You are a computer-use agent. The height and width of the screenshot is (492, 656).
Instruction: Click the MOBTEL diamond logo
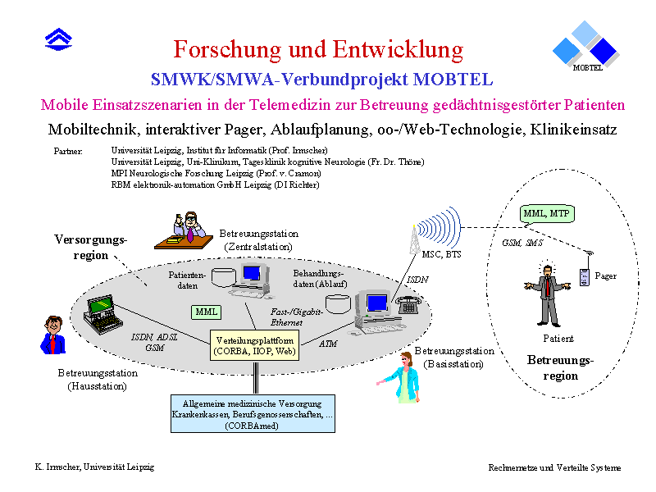585,46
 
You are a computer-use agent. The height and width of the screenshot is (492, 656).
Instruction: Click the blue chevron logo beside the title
58,39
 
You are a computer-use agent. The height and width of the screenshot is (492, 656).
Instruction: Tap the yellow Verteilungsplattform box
254,345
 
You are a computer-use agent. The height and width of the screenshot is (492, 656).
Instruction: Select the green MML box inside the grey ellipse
207,312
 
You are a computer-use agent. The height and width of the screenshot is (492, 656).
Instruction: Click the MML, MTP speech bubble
547,214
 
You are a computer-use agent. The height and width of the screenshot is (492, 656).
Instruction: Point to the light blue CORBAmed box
253,414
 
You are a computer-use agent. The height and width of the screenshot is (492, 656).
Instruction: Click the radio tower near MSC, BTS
414,239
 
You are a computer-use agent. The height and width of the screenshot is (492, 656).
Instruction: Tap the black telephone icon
408,304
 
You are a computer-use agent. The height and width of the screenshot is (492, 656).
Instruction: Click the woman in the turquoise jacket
402,377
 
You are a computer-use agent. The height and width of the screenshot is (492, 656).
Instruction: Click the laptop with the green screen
102,314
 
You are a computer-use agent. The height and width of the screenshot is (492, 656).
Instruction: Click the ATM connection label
328,344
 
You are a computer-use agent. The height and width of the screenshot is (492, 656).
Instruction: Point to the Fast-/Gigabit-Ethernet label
297,317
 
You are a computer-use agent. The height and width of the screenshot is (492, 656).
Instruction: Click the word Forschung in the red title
227,49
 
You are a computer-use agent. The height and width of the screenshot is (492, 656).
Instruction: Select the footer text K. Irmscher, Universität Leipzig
94,467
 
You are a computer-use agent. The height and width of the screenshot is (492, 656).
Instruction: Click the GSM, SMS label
522,243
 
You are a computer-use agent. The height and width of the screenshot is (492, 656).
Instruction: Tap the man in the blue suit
53,335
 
